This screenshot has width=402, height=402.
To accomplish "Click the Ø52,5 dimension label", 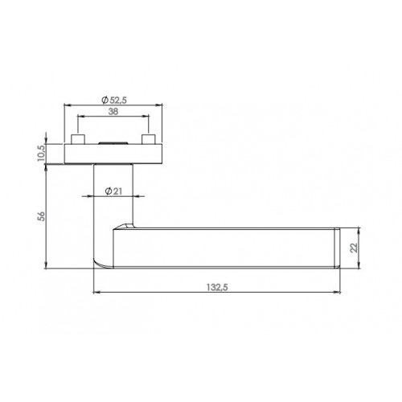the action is coord(114,100).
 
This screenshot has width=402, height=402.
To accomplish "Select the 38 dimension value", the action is coord(113,112).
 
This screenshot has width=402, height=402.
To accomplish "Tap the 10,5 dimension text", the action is coord(41,154).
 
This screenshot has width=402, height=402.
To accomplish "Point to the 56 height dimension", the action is coord(41,216).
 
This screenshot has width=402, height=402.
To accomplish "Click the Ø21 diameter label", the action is coord(113,191).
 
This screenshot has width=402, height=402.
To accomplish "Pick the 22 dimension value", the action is coord(354,248).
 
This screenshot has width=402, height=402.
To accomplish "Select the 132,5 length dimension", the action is coord(217,287).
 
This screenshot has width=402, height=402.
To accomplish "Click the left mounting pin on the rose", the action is coord(78,139).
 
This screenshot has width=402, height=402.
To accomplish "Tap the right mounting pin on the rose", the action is coord(149,139).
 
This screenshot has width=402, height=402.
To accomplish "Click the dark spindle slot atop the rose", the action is coord(113,143).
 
